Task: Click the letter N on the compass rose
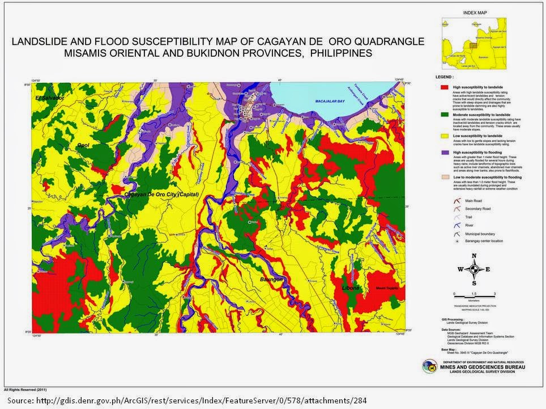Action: click(474, 255)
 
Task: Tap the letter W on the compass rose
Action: click(460, 269)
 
